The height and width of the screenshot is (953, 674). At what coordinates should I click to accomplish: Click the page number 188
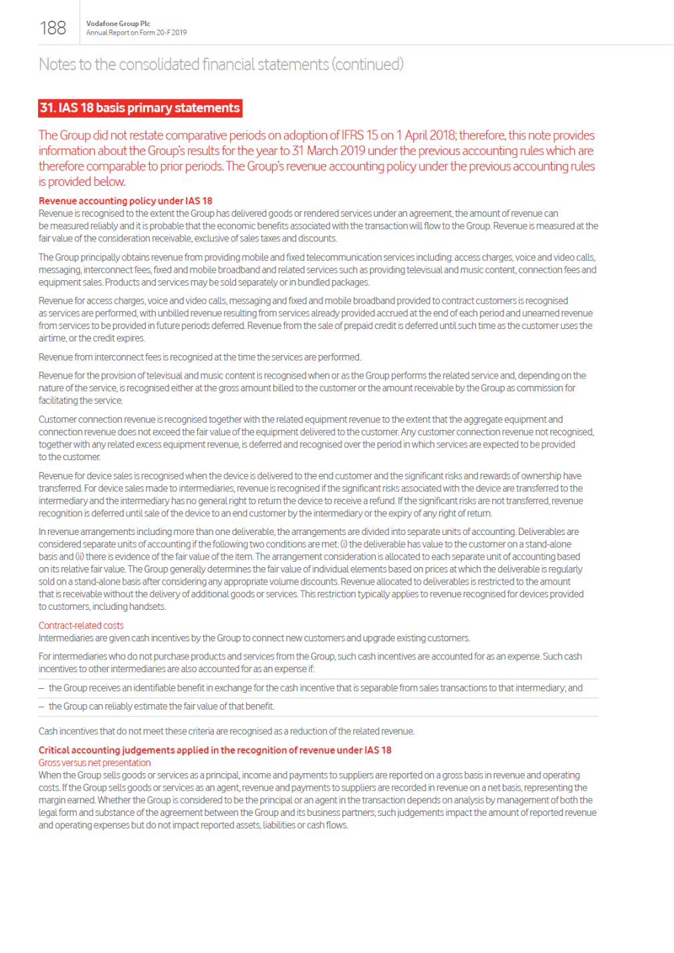coord(53,27)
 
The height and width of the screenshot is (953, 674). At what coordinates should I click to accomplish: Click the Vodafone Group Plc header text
coord(118,23)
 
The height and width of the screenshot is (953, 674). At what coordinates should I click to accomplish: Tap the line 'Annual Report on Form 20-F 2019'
coord(136,32)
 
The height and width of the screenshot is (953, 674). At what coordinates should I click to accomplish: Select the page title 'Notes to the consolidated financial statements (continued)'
coord(221,64)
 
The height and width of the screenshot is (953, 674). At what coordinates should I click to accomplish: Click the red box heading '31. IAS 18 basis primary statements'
coord(140,108)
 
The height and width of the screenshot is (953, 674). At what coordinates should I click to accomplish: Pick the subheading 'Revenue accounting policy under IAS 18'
coord(125,201)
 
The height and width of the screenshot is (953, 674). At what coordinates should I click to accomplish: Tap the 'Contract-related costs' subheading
coord(81,625)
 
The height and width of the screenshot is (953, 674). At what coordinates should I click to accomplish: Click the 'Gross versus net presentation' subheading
coord(94,762)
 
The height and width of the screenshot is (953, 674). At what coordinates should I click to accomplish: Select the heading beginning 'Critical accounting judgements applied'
coord(215,750)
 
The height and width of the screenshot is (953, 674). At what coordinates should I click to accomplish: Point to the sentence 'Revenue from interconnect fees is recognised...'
coord(199,357)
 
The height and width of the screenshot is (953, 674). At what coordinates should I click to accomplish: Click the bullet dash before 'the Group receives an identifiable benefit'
coord(41,688)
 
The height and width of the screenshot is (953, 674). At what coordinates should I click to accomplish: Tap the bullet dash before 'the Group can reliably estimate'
coord(41,706)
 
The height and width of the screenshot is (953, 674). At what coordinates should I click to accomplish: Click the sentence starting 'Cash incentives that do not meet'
coord(226,731)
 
